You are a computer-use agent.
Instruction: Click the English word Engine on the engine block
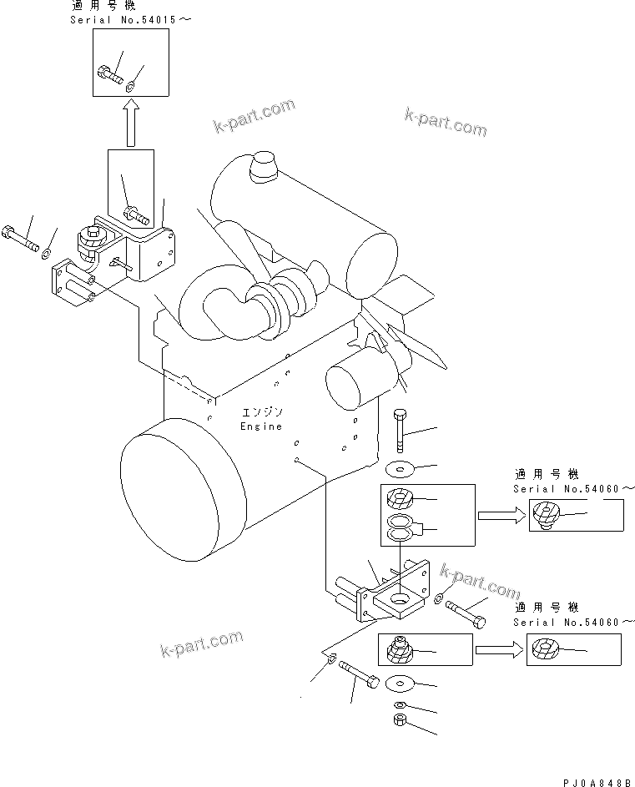tap(261, 426)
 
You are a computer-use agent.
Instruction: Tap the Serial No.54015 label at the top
tap(130, 20)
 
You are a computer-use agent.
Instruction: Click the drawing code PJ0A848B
tap(597, 782)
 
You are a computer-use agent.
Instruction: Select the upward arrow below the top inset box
tap(131, 122)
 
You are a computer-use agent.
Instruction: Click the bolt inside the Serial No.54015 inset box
tap(110, 75)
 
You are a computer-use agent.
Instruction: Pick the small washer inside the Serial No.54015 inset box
tap(129, 88)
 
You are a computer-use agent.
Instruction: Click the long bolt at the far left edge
tap(20, 239)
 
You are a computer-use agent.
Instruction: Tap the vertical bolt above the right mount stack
tap(400, 430)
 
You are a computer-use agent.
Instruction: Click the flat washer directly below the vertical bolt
tap(400, 471)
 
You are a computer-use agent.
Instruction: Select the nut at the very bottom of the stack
tap(400, 720)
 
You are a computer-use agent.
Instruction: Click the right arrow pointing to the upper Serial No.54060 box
tap(501, 516)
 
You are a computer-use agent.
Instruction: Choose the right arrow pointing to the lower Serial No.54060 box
tap(500, 650)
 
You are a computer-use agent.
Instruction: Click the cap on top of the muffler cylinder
tap(264, 166)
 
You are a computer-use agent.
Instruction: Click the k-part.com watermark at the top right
tap(446, 122)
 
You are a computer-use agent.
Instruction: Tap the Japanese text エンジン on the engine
tap(263, 412)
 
